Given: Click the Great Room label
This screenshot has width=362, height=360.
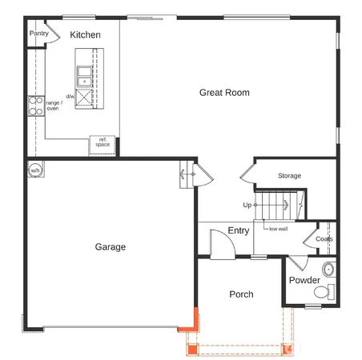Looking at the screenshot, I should (224, 93).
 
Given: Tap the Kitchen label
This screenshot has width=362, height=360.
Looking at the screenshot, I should (85, 35).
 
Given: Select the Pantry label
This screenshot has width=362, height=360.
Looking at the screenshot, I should (38, 34).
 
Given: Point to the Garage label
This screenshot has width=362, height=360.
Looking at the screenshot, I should (111, 247).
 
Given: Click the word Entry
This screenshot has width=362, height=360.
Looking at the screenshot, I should (239, 231).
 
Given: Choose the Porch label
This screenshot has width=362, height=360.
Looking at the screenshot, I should (241, 294).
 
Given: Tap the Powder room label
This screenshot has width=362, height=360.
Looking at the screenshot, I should (304, 281).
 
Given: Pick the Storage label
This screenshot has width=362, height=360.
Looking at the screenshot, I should (289, 176).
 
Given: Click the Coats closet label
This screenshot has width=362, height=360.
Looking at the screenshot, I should (324, 239).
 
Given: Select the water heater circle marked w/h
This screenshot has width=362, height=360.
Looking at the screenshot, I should (36, 171).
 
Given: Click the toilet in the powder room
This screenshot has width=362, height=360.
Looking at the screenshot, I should (323, 294).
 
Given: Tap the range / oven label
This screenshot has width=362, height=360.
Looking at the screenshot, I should (53, 106).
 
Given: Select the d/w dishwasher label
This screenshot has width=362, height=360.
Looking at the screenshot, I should (70, 97).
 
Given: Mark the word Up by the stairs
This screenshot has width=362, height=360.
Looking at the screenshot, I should (247, 205).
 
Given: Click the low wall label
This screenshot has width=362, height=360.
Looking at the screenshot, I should (278, 229).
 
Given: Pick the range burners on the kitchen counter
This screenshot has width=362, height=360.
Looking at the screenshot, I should (35, 106).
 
